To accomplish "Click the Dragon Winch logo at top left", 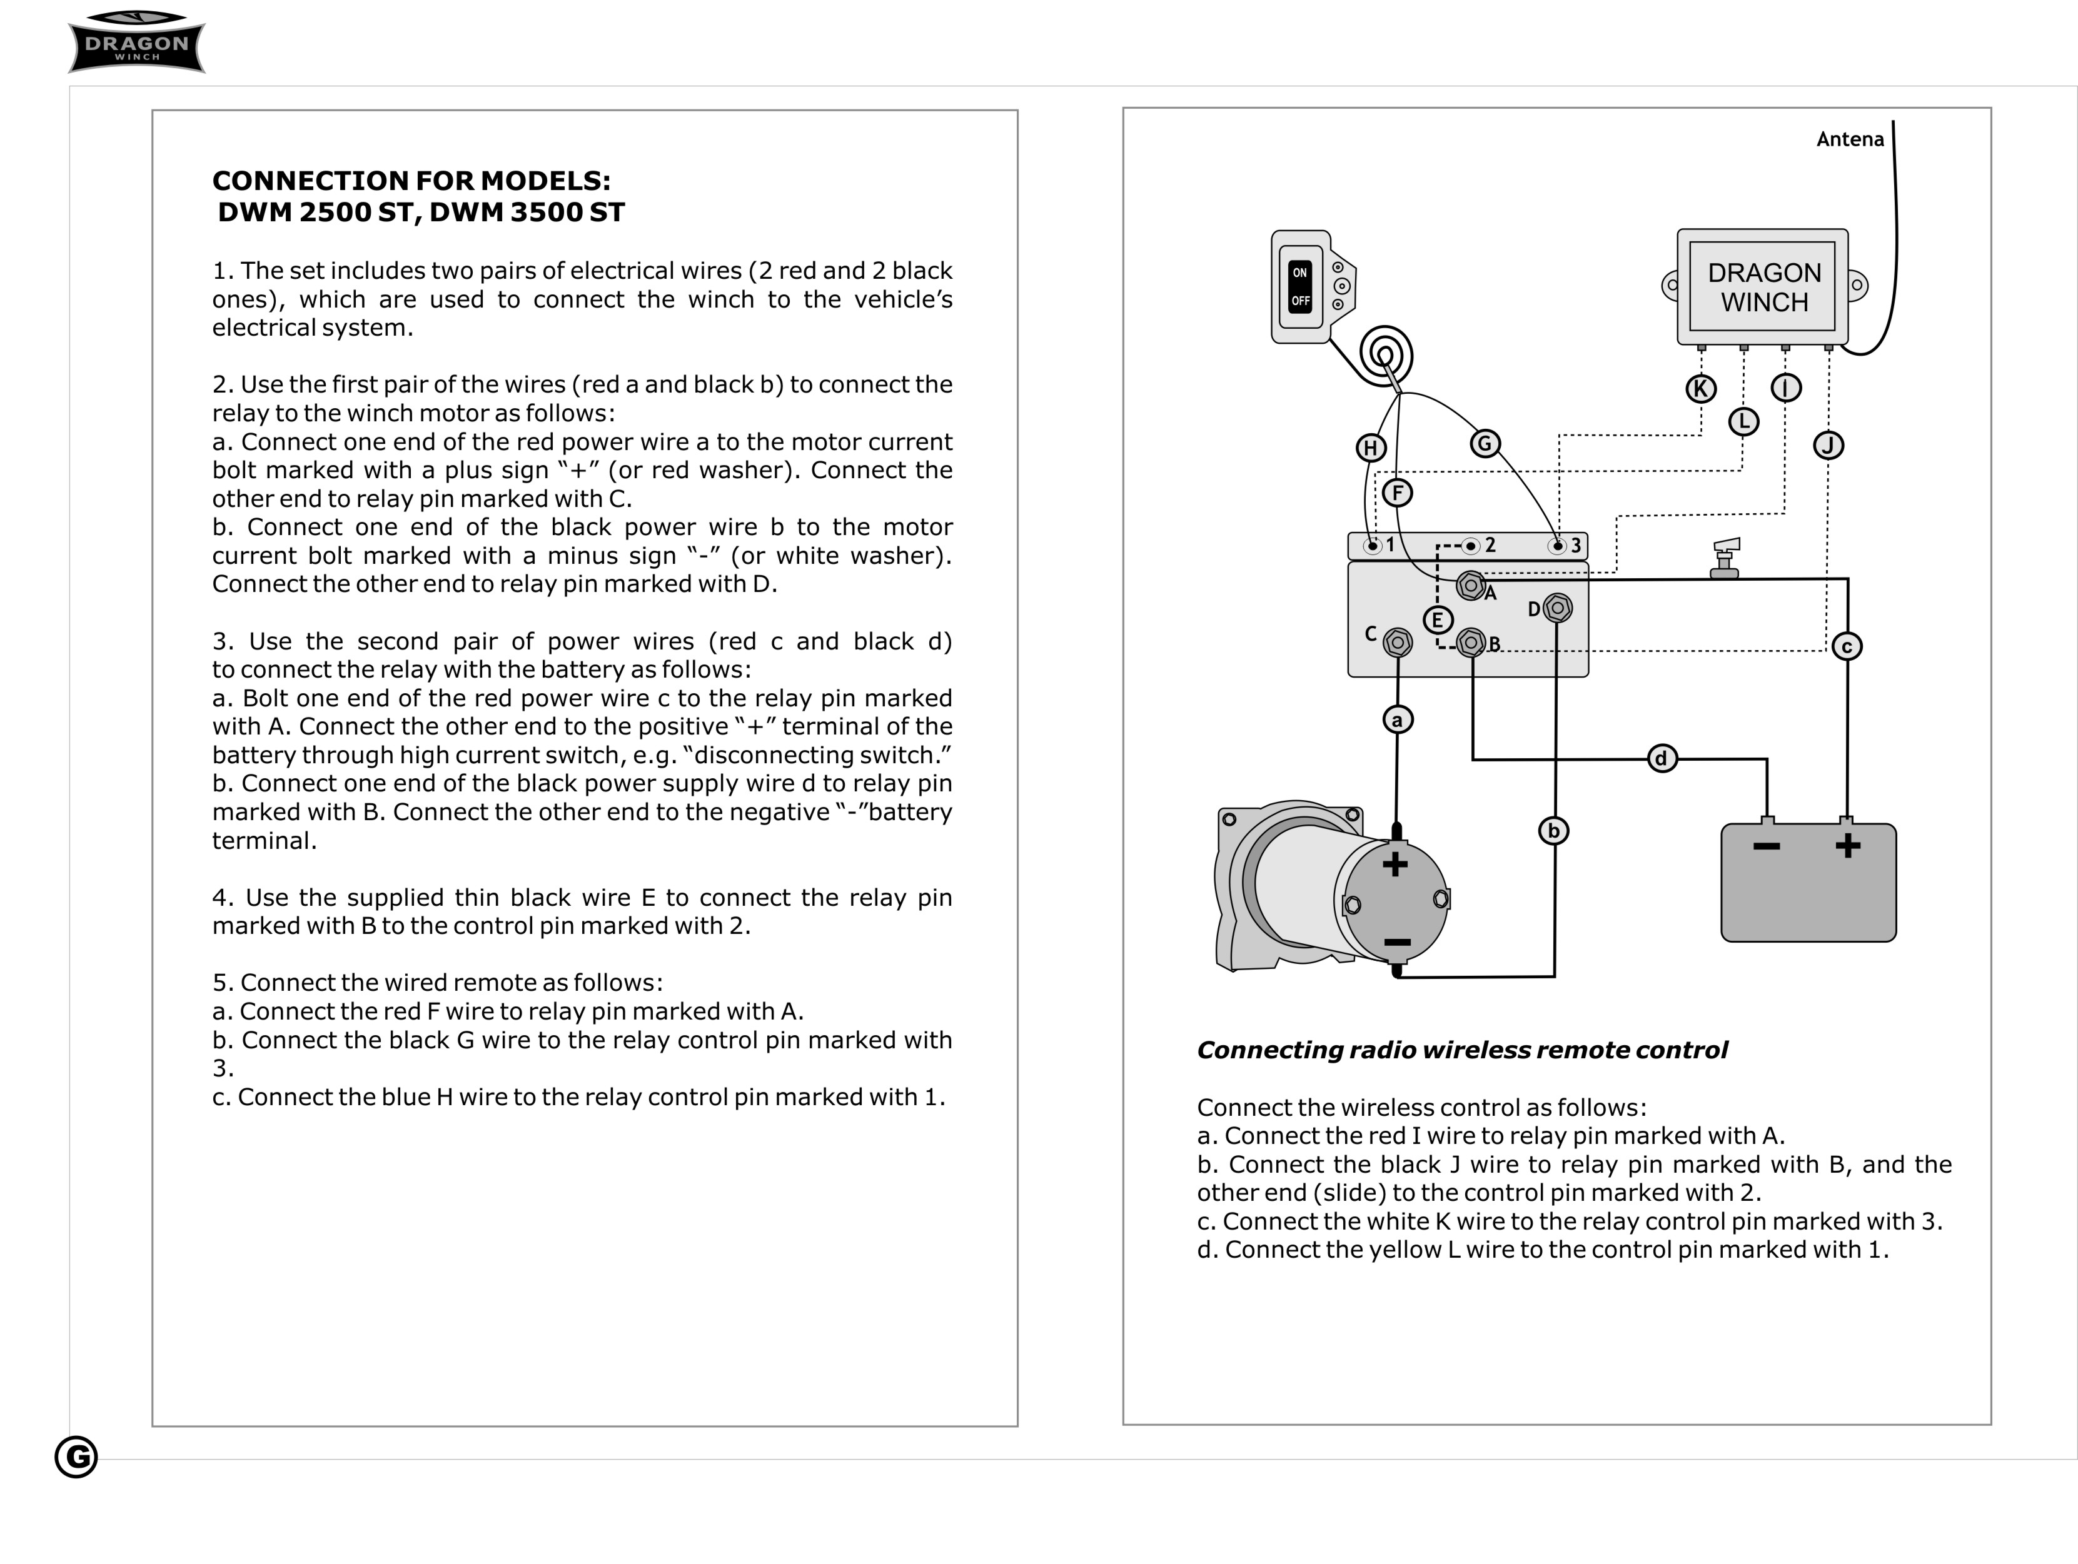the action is tap(137, 43).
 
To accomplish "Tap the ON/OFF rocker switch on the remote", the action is tap(1300, 286).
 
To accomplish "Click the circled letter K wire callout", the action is tap(1700, 389).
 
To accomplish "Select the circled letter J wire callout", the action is tap(1828, 445).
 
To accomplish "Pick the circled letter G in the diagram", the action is tap(1485, 443).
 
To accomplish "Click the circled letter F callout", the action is tap(1397, 492).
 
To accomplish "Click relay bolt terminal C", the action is tap(1398, 643).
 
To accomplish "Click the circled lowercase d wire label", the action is tap(1662, 758).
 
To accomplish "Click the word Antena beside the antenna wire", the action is tap(1850, 139).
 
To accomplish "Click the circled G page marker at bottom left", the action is tap(76, 1457).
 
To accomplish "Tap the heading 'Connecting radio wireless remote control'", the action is tap(1462, 1050).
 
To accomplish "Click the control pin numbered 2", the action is tap(1471, 546).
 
